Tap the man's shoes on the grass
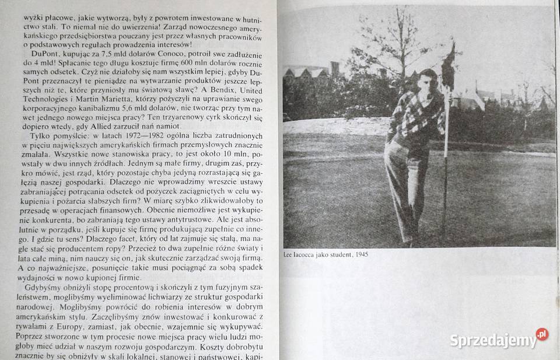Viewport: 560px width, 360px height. point(411,239)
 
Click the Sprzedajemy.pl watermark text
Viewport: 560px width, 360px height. point(492,340)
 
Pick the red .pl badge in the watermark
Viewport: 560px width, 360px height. point(542,334)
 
